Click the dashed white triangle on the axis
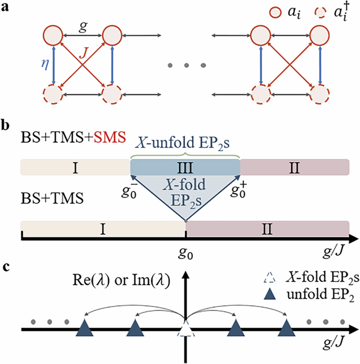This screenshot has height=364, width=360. pyautogui.click(x=185, y=330)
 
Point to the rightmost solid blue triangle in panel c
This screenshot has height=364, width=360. pyautogui.click(x=286, y=329)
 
